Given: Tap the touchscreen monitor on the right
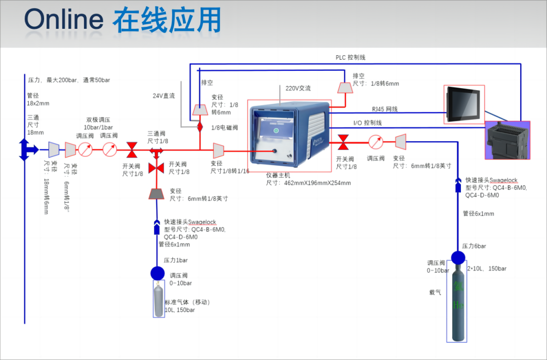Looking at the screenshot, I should [x=464, y=104].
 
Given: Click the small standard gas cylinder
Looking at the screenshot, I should [x=159, y=300].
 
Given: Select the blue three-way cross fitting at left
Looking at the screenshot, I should [x=25, y=149].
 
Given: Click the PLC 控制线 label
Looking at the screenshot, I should [x=350, y=58].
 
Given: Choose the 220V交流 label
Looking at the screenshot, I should [x=298, y=88].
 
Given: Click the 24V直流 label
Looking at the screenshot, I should [x=164, y=96].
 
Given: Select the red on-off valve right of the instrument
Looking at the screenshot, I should [x=343, y=142].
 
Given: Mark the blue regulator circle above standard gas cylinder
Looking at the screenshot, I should [x=158, y=273].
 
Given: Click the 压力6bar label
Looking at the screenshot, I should [x=474, y=246].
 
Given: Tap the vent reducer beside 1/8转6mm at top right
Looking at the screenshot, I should [x=345, y=88].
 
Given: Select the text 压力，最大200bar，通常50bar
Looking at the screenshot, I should [x=69, y=80].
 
